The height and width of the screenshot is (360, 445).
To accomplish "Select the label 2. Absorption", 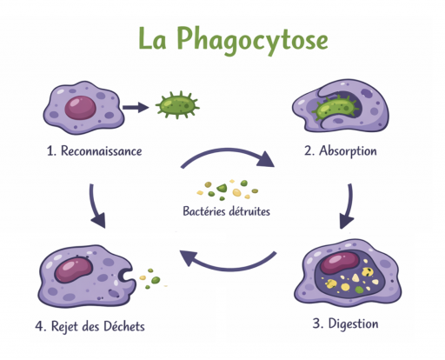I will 340,150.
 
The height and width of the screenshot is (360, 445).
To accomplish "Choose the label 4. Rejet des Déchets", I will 90,327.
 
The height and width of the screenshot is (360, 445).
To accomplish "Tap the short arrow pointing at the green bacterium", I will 135,107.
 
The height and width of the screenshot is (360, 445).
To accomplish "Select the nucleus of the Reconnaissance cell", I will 79,107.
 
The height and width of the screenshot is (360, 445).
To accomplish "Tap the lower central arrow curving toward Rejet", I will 228,261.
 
